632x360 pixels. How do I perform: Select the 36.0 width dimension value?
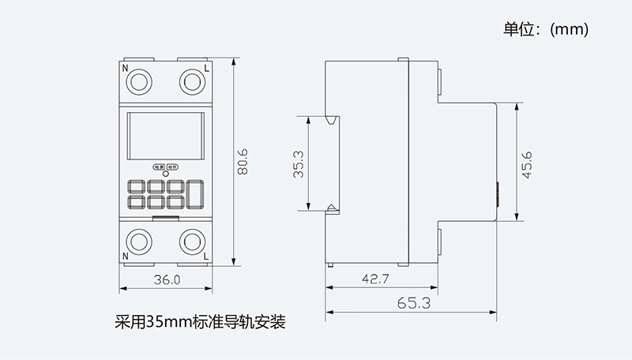[167, 279]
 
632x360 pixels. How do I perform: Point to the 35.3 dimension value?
[299, 164]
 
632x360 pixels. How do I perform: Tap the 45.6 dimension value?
[526, 163]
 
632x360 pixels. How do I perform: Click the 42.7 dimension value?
[377, 279]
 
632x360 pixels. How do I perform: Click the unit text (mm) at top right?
[569, 30]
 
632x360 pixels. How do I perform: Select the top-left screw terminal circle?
[141, 82]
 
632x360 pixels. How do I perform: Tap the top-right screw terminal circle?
[191, 82]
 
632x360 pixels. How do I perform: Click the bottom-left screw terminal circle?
[141, 241]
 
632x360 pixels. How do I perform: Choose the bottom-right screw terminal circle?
[191, 241]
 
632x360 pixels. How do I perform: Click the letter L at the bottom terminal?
[206, 257]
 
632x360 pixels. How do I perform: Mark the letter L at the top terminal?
[206, 69]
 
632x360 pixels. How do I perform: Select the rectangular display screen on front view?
[166, 136]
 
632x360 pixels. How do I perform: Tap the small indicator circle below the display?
[166, 174]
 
